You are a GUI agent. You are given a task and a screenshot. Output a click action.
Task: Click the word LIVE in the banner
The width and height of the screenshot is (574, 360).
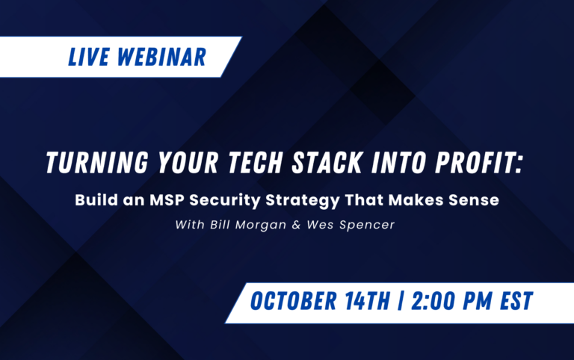[89, 57]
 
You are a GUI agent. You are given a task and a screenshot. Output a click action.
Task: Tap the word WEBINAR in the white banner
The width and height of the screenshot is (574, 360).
[161, 57]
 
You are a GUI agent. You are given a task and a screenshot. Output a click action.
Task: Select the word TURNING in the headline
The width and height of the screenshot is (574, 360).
[97, 162]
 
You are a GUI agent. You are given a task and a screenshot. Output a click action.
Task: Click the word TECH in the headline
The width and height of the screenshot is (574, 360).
[256, 162]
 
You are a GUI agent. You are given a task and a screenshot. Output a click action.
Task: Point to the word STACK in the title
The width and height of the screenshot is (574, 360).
[327, 162]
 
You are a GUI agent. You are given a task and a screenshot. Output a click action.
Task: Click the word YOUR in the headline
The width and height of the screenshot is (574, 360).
[188, 162]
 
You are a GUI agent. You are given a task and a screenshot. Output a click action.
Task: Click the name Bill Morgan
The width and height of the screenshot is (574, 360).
[248, 225]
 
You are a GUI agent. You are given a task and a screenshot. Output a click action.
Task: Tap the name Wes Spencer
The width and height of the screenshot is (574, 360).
[351, 225]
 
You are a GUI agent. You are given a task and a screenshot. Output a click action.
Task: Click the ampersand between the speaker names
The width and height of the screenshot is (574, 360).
[296, 225]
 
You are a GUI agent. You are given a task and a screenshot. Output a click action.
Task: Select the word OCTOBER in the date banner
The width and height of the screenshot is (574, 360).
[294, 301]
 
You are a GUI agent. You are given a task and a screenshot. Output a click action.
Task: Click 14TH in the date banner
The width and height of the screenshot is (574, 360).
[368, 301]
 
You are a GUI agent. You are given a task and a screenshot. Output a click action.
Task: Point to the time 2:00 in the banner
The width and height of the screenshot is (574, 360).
[433, 301]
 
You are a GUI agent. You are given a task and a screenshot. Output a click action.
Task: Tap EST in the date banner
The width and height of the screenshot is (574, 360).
[516, 301]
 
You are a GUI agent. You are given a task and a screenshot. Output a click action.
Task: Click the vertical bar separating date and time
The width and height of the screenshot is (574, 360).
[401, 301]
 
